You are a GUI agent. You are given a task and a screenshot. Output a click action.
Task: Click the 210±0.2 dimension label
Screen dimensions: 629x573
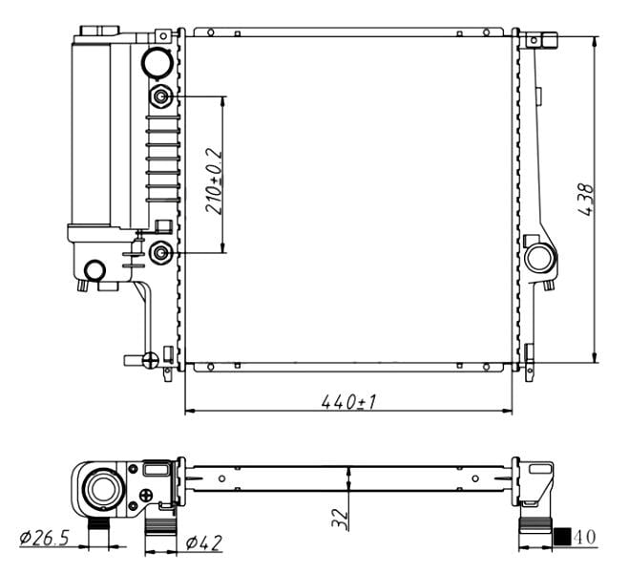pos(214,180)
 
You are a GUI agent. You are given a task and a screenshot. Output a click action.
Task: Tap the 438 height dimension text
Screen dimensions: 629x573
pos(585,200)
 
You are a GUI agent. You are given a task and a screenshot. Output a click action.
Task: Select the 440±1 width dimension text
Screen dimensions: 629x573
pos(348,401)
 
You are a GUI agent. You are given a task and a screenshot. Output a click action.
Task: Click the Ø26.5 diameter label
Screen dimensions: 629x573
pos(45,538)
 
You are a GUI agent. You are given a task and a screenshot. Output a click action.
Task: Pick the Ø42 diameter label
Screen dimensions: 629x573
pos(204,542)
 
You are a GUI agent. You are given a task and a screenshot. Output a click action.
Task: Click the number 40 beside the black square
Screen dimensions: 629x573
pos(585,537)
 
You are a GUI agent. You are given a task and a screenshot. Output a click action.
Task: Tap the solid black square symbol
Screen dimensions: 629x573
pos(562,537)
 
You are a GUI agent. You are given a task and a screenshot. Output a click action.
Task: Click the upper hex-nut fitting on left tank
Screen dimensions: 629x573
pos(161,96)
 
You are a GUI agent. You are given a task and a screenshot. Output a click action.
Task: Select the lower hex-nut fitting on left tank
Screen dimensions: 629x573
pos(161,253)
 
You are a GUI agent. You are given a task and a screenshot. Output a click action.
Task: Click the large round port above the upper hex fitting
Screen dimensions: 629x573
pos(157,62)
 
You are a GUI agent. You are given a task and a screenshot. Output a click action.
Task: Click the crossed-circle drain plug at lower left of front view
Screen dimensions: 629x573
pos(151,360)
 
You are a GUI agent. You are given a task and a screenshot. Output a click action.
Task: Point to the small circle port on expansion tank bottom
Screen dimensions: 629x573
pos(94,270)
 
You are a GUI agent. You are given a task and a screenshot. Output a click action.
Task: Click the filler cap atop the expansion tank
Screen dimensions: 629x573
pos(99,31)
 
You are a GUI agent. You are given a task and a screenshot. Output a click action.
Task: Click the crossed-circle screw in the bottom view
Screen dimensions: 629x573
pos(146,496)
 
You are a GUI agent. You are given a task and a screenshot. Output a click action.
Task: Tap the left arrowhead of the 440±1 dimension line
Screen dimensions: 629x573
pos(189,411)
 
